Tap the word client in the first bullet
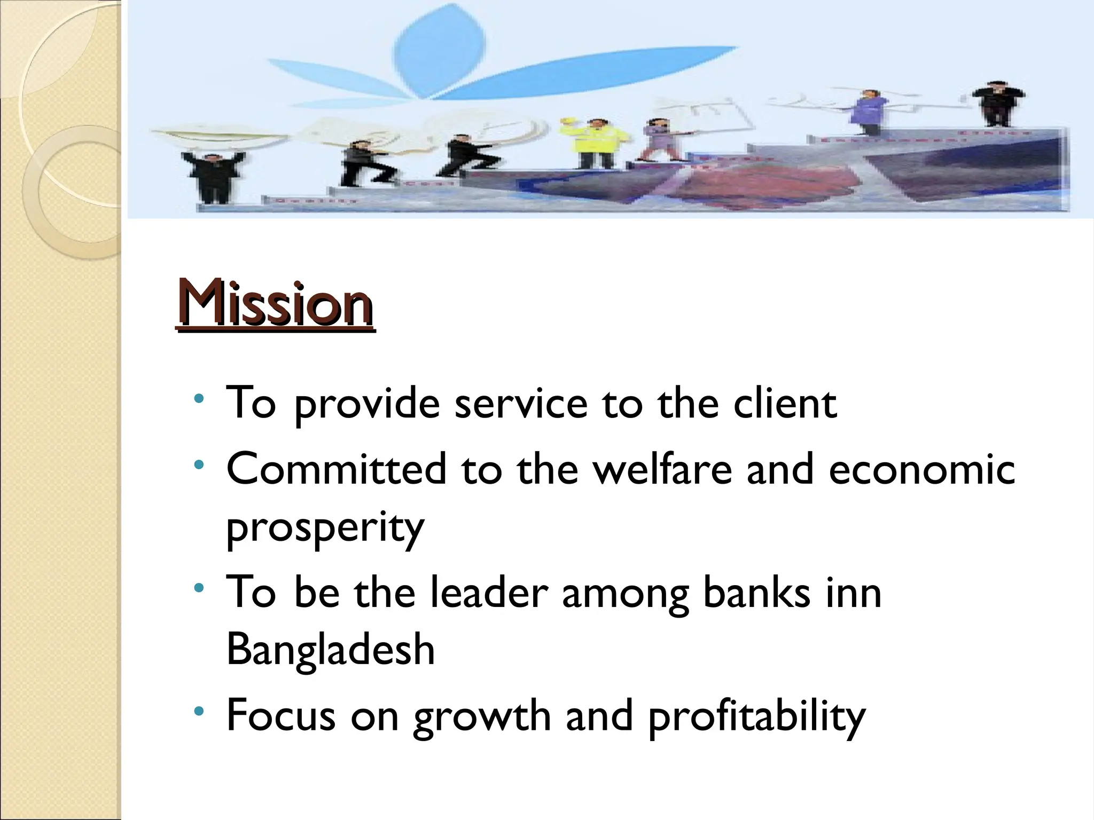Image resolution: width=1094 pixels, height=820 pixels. tap(785, 403)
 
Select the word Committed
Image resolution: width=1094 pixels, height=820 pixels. tap(336, 469)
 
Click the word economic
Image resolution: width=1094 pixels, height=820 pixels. tap(921, 469)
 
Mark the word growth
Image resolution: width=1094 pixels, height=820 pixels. tap(482, 717)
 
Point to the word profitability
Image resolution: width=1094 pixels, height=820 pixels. tap(756, 717)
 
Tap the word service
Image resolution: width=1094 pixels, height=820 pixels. tap(521, 403)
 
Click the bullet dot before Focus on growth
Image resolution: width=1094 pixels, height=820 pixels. tap(199, 711)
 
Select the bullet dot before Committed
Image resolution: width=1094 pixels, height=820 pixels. tap(199, 464)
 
